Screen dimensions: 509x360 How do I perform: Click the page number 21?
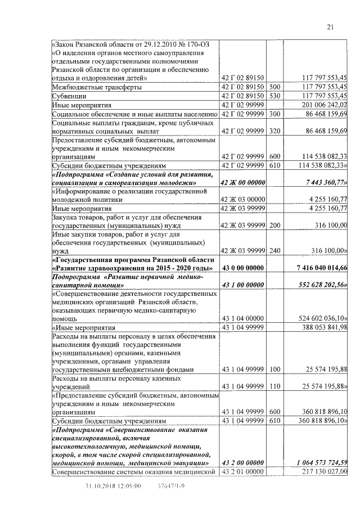[x=330, y=28]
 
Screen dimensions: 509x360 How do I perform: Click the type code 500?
[x=274, y=87]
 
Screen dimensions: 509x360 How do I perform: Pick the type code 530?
[x=274, y=96]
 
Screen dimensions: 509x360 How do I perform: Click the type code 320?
[x=274, y=131]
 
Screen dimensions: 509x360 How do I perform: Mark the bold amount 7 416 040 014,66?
[x=317, y=267]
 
